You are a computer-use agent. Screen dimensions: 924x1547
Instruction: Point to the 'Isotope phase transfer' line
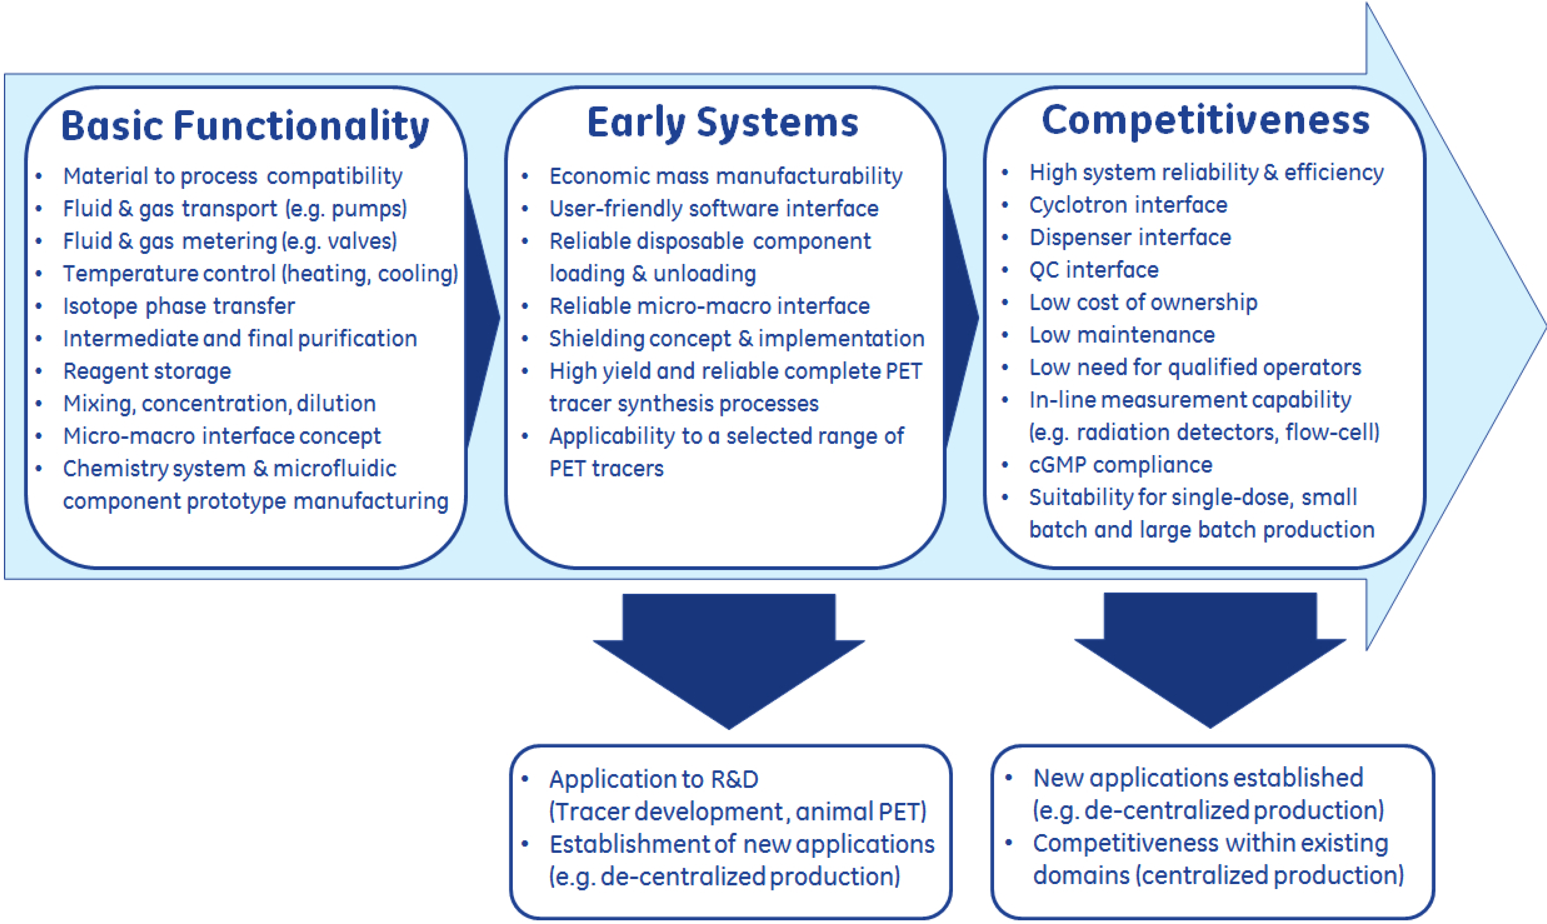(179, 306)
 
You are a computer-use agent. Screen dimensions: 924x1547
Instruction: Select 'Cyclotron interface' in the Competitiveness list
(1128, 205)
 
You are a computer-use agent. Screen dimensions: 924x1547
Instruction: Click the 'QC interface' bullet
(1094, 269)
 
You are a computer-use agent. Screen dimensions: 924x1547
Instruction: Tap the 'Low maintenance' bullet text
(1121, 335)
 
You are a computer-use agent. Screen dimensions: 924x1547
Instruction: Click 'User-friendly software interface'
(714, 209)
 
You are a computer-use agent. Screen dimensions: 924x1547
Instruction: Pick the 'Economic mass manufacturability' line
(726, 176)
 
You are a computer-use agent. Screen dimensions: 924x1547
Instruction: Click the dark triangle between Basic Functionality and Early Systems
(481, 318)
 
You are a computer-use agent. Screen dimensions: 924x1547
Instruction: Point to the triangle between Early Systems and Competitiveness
(960, 318)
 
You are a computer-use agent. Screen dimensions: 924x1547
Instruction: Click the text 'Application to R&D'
(653, 779)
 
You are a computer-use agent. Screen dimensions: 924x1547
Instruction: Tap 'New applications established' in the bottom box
(1198, 778)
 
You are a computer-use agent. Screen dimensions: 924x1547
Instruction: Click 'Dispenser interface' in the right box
(1130, 237)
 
